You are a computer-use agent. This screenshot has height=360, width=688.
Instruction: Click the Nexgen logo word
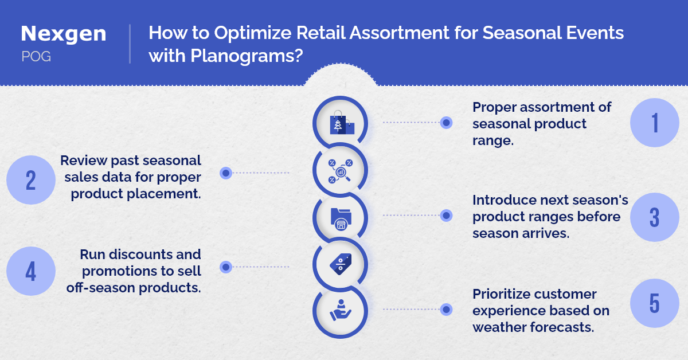pyautogui.click(x=64, y=33)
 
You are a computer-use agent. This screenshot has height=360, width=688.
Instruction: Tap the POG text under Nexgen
pyautogui.click(x=36, y=57)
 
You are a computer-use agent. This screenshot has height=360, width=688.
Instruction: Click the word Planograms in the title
pyautogui.click(x=247, y=56)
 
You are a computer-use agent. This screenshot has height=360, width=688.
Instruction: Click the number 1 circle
pyautogui.click(x=655, y=123)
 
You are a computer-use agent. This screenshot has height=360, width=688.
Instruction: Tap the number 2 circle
pyautogui.click(x=31, y=180)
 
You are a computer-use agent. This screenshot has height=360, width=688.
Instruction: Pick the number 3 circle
pyautogui.click(x=655, y=217)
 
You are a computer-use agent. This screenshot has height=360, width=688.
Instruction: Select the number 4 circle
pyautogui.click(x=31, y=271)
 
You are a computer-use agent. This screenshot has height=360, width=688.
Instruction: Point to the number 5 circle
pyautogui.click(x=655, y=303)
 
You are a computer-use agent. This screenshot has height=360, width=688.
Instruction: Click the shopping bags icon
pyautogui.click(x=342, y=123)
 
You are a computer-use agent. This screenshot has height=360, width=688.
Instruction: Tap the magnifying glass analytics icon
pyautogui.click(x=341, y=171)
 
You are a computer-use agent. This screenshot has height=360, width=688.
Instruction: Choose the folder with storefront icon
pyautogui.click(x=341, y=219)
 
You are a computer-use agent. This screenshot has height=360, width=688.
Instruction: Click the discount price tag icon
pyautogui.click(x=341, y=264)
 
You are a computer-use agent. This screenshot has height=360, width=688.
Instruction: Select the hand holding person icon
pyautogui.click(x=341, y=311)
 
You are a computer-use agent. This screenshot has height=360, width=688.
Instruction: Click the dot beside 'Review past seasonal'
pyautogui.click(x=226, y=173)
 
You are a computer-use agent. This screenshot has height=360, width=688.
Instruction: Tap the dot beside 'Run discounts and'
pyautogui.click(x=226, y=267)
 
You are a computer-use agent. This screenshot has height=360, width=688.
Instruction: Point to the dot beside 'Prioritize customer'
pyautogui.click(x=446, y=310)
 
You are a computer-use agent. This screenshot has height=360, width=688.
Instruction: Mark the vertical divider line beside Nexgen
pyautogui.click(x=130, y=44)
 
